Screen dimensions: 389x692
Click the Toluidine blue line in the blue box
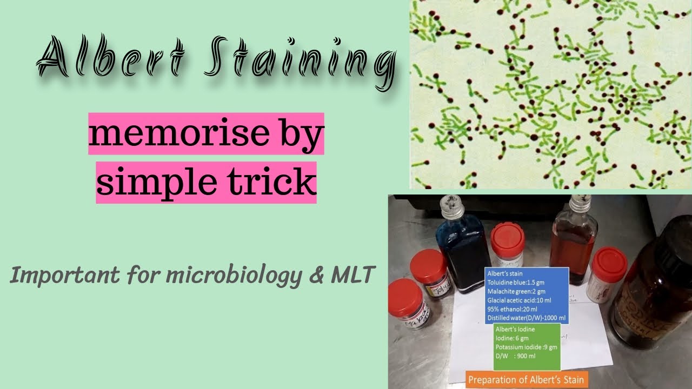point(516,282)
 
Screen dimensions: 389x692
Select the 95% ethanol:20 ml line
point(511,308)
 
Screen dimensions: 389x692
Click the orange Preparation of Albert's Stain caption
point(526,380)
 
